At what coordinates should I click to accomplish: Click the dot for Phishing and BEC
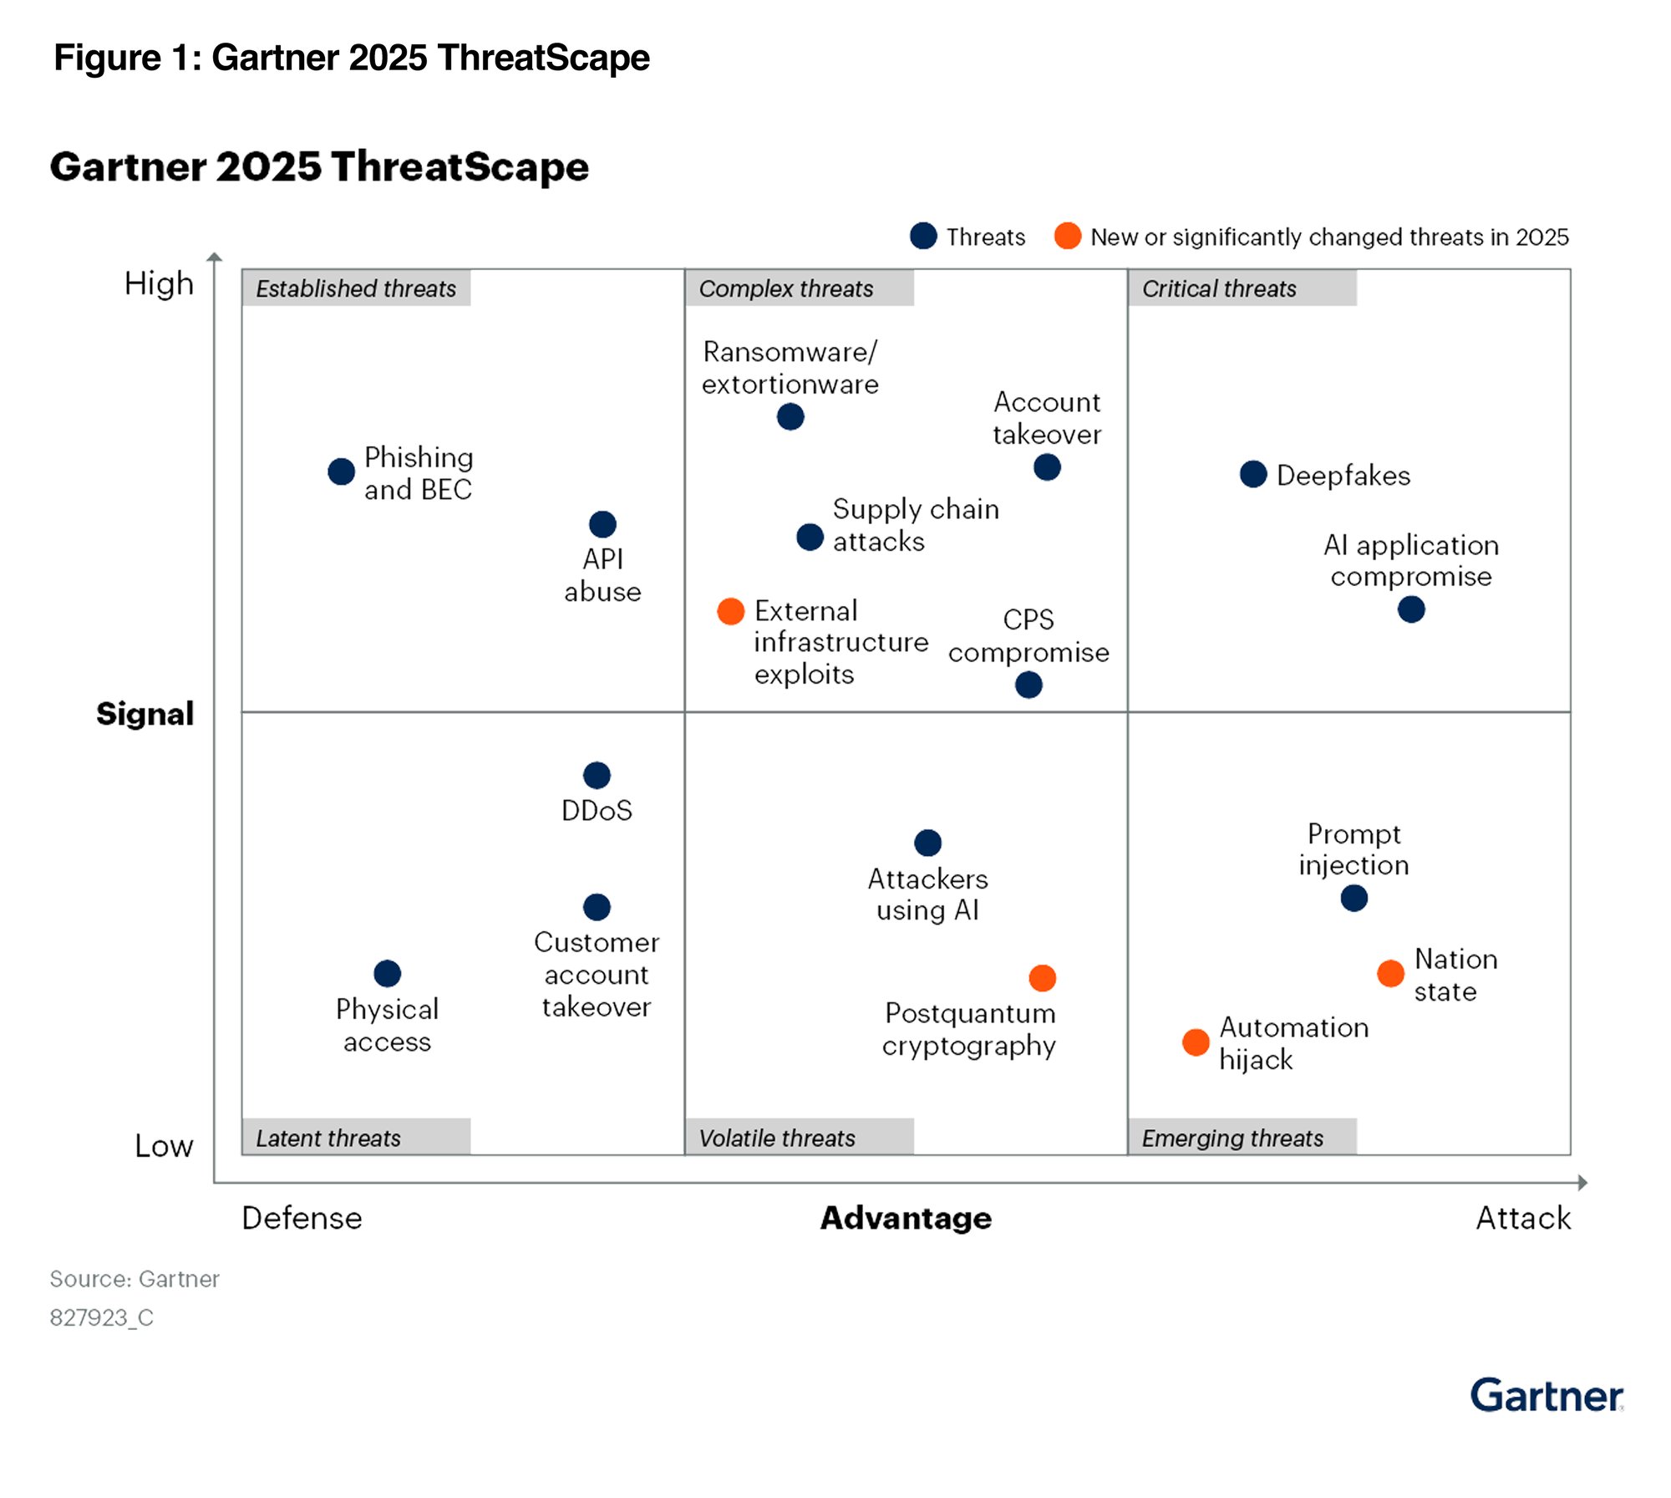tap(341, 471)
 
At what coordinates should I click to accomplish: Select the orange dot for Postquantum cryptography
tap(1042, 977)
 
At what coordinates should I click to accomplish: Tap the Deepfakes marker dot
tap(1252, 474)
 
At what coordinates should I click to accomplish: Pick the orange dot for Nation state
tap(1390, 973)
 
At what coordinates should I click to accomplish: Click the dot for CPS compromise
tap(1029, 685)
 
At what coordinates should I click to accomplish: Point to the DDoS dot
tap(597, 775)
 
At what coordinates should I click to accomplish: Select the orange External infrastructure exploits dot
tap(730, 611)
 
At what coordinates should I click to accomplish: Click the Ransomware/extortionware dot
tap(790, 416)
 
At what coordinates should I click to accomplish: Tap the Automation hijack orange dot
tap(1196, 1042)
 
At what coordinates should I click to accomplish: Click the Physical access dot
tap(387, 973)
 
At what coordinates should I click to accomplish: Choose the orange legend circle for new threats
tap(1067, 236)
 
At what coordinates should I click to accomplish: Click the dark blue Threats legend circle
tap(923, 236)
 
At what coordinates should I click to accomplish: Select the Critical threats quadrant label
tap(1218, 288)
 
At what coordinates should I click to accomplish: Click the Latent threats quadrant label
tap(328, 1138)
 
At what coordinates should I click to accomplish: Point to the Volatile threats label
tap(776, 1138)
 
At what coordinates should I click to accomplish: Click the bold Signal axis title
tap(145, 714)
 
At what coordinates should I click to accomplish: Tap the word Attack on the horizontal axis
tap(1522, 1218)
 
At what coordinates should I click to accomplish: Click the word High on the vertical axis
tap(159, 284)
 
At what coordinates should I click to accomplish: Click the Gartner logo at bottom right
tap(1546, 1396)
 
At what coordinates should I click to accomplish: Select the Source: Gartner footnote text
tap(135, 1279)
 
